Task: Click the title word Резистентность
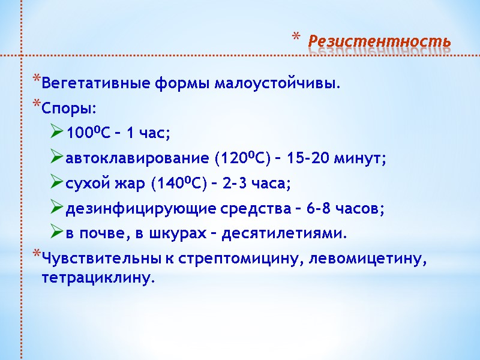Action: (x=379, y=41)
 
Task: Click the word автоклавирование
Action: (x=137, y=158)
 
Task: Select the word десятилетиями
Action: (x=284, y=233)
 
